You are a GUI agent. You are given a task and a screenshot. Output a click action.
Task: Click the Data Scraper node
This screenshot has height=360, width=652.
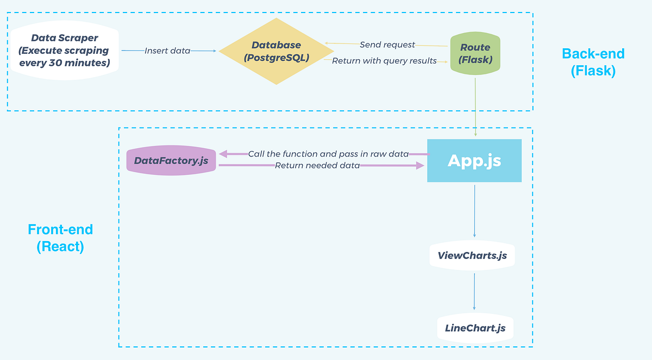point(64,50)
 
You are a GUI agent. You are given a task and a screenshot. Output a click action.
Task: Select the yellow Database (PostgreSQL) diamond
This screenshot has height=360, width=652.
point(276,51)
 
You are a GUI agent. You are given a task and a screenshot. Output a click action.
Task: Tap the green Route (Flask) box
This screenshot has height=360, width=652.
point(475,54)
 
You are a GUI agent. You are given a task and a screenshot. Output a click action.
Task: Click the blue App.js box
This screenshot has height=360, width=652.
point(474,161)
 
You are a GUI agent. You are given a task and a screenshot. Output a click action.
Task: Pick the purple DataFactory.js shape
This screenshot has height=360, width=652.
point(171,161)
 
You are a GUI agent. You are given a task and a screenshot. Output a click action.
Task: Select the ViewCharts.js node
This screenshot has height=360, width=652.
point(472,255)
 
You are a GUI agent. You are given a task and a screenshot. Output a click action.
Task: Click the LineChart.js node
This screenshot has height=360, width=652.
point(475,328)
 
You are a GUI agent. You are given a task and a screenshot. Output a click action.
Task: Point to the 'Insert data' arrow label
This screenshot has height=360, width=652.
point(167,50)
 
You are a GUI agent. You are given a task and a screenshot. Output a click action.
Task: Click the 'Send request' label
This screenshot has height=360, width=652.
point(387,45)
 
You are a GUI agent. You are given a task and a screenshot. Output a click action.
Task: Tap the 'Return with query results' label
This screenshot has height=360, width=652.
point(384,61)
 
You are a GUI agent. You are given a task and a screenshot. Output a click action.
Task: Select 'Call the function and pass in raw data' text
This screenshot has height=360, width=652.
point(328,154)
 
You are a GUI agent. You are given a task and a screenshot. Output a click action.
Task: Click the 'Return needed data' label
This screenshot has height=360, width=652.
point(317,166)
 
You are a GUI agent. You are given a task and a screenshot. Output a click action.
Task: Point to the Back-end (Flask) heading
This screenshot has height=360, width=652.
point(593,62)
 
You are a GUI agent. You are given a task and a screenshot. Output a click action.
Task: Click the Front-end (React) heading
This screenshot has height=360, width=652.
point(60,238)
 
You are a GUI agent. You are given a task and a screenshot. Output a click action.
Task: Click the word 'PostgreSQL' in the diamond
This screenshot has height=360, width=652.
point(276,57)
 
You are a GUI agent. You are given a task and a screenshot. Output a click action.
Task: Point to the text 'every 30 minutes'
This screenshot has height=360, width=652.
point(64,62)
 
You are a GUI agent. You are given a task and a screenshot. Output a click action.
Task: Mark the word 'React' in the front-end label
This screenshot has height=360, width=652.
point(60,247)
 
